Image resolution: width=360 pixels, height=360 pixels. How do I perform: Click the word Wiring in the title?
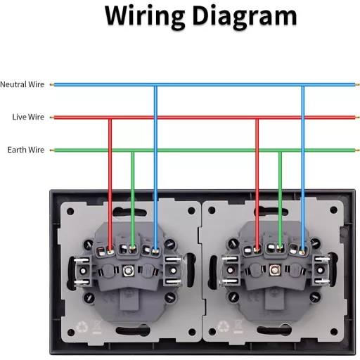pyautogui.click(x=144, y=16)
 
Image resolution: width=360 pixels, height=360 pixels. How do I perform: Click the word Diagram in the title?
pyautogui.click(x=245, y=16)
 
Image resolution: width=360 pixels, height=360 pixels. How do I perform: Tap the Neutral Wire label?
pyautogui.click(x=22, y=84)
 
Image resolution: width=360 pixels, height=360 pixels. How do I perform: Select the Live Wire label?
pyautogui.click(x=28, y=117)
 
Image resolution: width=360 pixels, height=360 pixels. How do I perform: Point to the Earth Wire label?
pyautogui.click(x=26, y=150)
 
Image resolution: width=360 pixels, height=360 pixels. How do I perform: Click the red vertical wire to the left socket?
pyautogui.click(x=110, y=185)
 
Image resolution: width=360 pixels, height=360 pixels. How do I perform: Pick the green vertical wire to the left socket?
pyautogui.click(x=133, y=200)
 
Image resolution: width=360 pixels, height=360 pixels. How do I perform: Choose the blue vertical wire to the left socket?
pyautogui.click(x=155, y=168)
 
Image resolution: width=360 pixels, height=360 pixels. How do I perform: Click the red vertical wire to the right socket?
pyautogui.click(x=257, y=185)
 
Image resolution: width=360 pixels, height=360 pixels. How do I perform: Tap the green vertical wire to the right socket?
pyautogui.click(x=280, y=200)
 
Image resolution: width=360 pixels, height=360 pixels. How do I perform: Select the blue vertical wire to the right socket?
pyautogui.click(x=303, y=169)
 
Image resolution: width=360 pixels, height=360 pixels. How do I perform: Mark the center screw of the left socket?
pyautogui.click(x=128, y=271)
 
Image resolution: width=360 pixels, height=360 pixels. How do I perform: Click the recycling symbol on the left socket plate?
pyautogui.click(x=82, y=326)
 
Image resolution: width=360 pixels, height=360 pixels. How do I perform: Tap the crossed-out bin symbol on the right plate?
pyautogui.click(x=239, y=326)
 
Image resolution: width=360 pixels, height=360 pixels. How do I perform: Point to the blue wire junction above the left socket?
pyautogui.click(x=155, y=84)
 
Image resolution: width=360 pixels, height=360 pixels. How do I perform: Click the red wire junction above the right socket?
pyautogui.click(x=257, y=117)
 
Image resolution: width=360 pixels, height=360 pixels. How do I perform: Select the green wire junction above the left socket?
pyautogui.click(x=133, y=150)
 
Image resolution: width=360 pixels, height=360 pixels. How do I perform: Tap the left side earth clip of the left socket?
pyautogui.click(x=82, y=271)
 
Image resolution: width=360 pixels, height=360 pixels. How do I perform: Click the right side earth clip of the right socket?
pyautogui.click(x=321, y=270)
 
